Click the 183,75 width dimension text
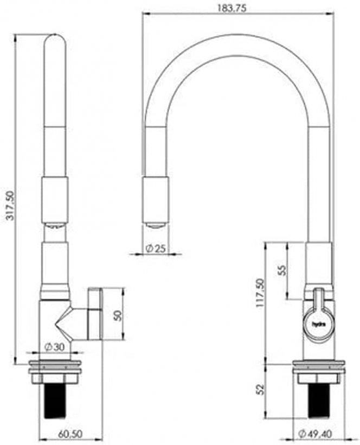(x=232, y=8)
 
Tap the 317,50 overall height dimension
(x=10, y=206)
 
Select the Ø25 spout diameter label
(x=156, y=249)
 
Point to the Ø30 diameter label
(x=55, y=347)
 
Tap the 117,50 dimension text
(x=260, y=293)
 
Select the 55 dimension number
(x=282, y=270)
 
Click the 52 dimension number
(x=260, y=389)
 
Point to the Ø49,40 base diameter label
(x=316, y=434)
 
